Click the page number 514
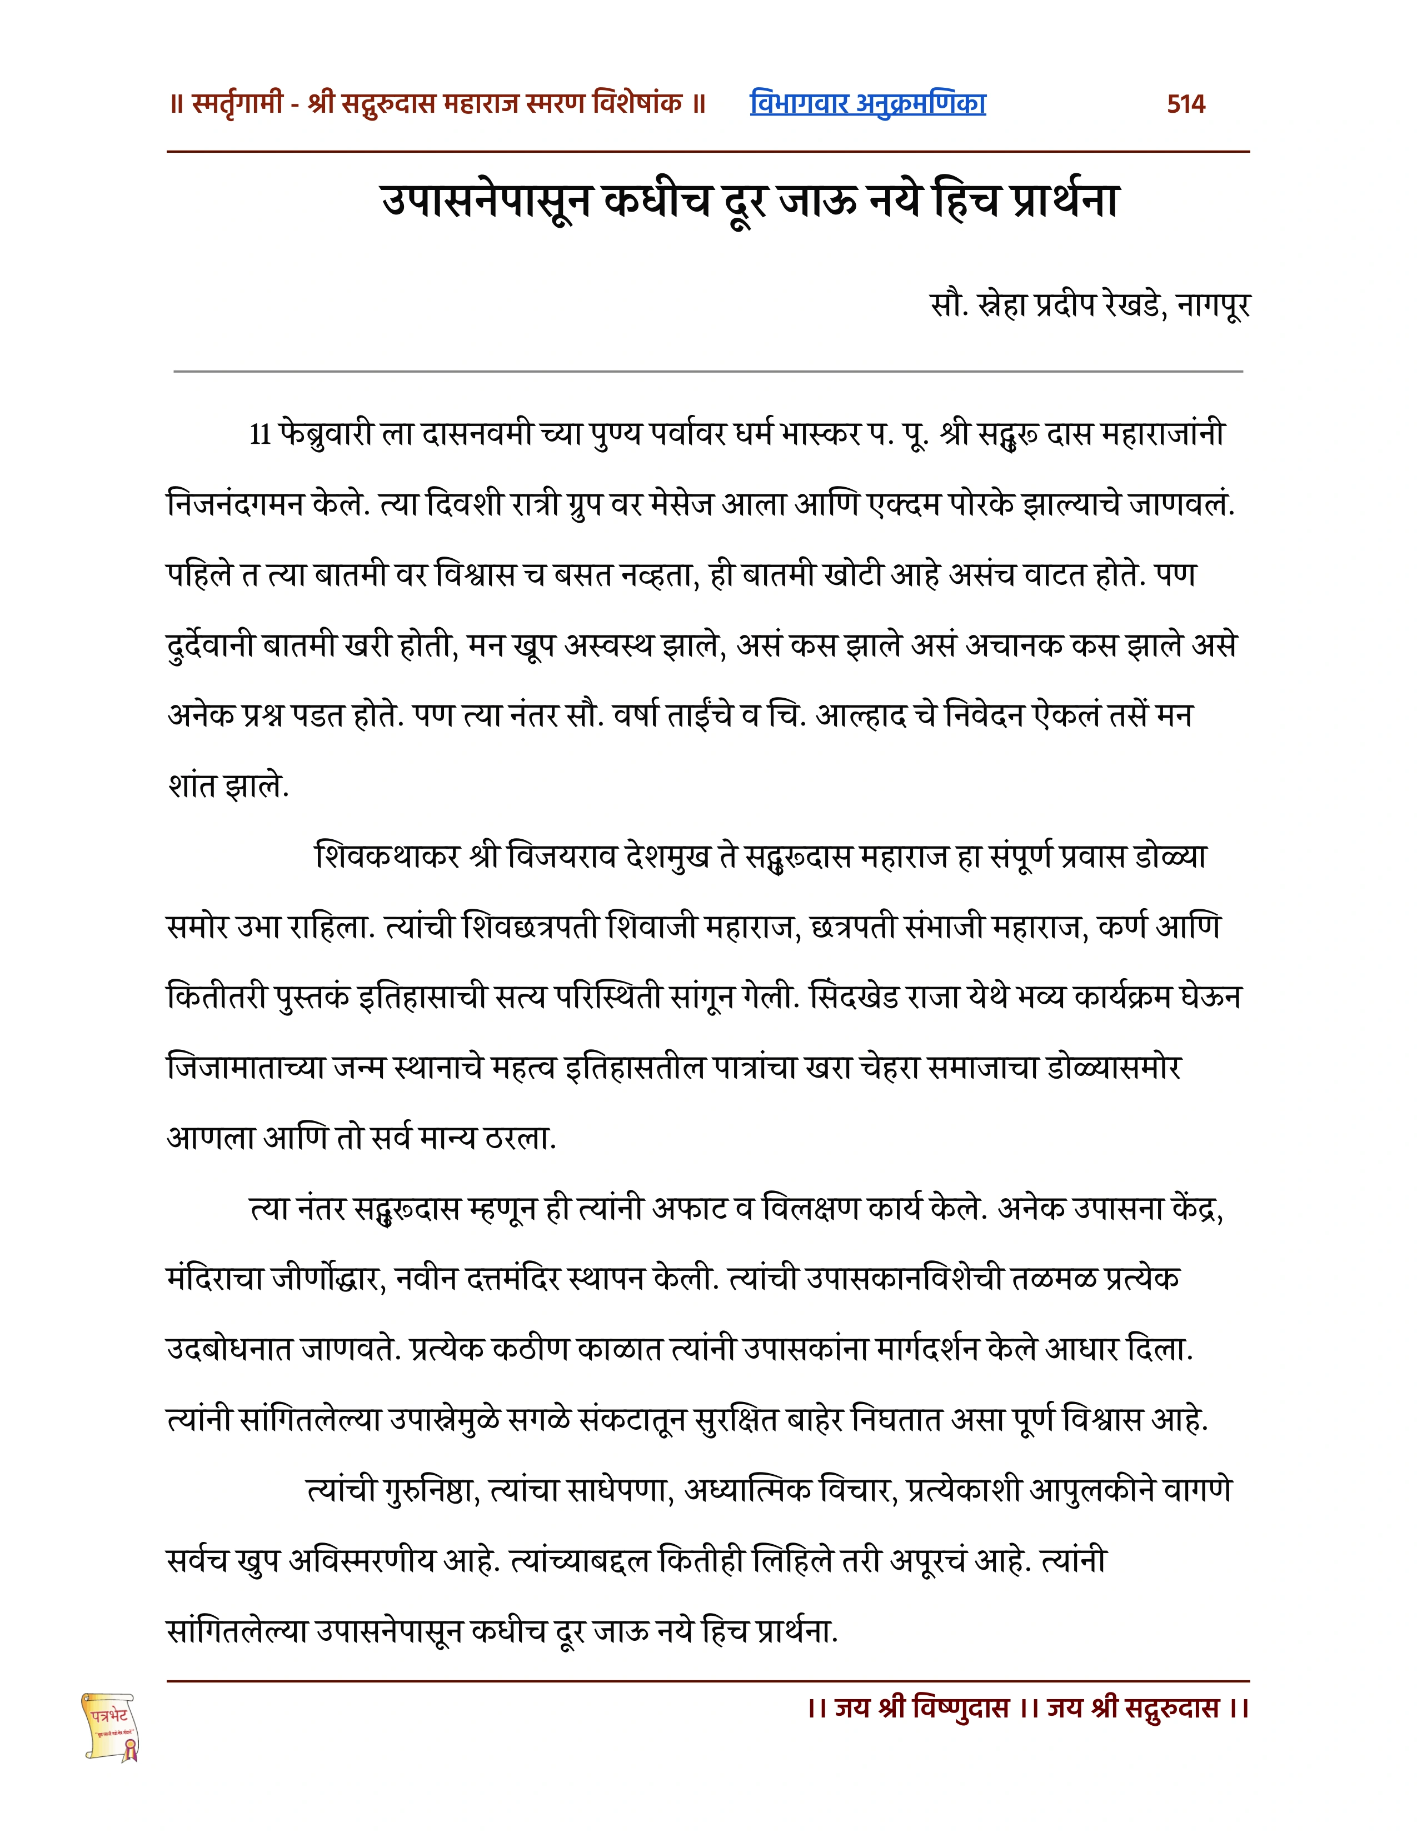click(x=1185, y=104)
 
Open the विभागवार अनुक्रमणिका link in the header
click(x=867, y=103)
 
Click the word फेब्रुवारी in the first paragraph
click(x=326, y=435)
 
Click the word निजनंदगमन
click(x=236, y=504)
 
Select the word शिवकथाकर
click(x=388, y=857)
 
